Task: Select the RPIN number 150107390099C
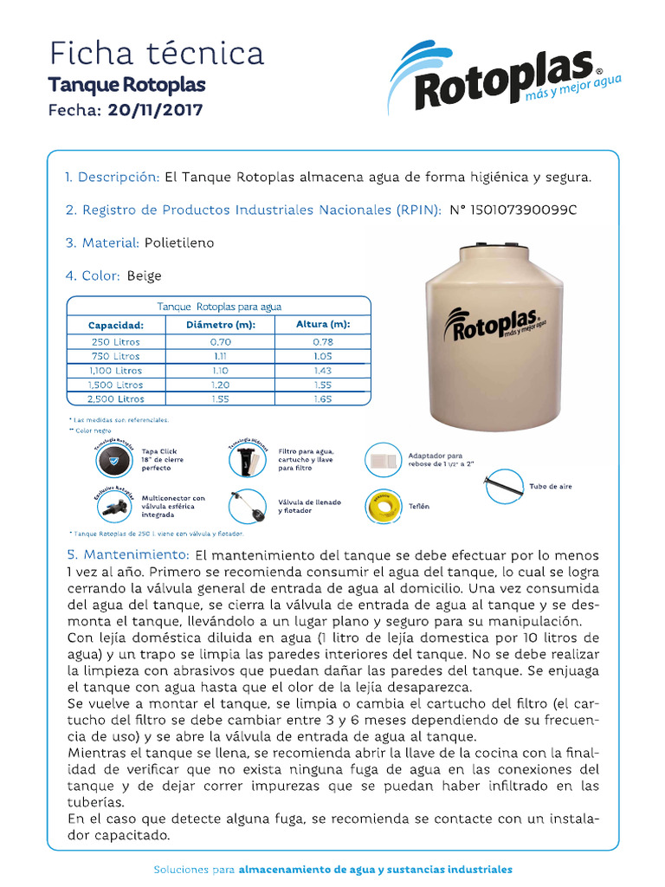(513, 210)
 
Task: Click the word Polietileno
(179, 243)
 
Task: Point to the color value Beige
(144, 276)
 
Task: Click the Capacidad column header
(115, 326)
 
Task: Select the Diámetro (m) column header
(221, 325)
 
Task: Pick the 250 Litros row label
(115, 341)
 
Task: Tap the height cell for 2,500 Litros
(323, 398)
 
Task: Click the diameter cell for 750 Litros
(221, 356)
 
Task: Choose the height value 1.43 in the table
(323, 370)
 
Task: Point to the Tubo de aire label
(550, 487)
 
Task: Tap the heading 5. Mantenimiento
(126, 554)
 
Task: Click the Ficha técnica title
(156, 54)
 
